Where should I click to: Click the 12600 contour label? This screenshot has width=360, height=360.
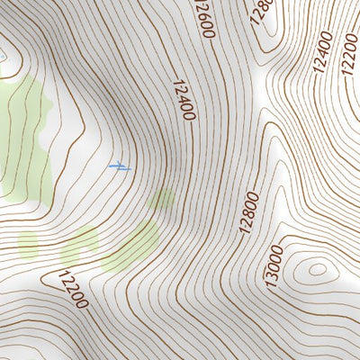tap(203, 18)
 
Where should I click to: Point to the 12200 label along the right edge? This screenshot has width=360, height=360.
tap(350, 55)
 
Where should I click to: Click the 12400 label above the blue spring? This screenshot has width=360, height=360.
tap(181, 101)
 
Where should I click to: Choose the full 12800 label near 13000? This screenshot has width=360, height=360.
tap(249, 212)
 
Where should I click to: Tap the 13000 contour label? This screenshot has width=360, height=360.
tap(274, 266)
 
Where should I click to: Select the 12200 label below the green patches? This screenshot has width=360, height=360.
tap(74, 289)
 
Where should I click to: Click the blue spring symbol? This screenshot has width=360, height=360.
tap(119, 166)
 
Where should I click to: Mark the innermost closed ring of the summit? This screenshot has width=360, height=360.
tap(316, 268)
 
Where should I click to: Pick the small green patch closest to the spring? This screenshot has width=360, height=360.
tap(162, 199)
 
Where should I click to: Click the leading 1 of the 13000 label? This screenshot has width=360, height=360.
tap(272, 283)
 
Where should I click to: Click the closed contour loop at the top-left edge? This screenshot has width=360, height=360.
tap(4, 56)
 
